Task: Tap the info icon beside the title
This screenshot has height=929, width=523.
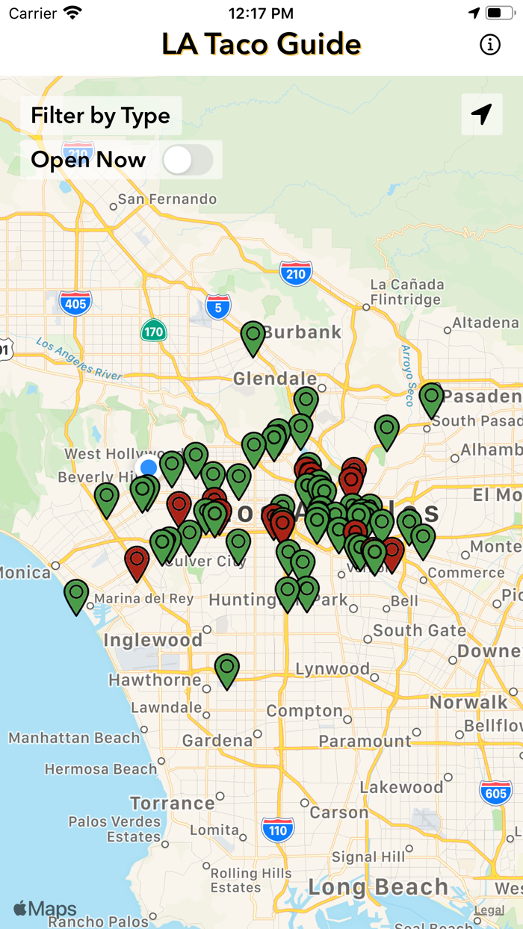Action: pyautogui.click(x=490, y=45)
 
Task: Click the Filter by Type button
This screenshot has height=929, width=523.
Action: pyautogui.click(x=101, y=116)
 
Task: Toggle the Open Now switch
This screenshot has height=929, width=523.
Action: pyautogui.click(x=188, y=160)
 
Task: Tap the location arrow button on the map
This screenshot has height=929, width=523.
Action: pyautogui.click(x=482, y=114)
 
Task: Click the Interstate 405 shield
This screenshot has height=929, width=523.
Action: pyautogui.click(x=75, y=302)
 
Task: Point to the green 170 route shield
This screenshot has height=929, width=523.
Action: pyautogui.click(x=154, y=330)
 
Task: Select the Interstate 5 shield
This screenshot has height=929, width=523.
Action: pyautogui.click(x=218, y=306)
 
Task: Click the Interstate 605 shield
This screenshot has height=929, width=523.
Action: pyautogui.click(x=496, y=793)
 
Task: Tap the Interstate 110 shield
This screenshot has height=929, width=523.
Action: pyautogui.click(x=277, y=829)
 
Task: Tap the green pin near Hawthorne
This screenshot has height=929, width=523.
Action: pyautogui.click(x=227, y=668)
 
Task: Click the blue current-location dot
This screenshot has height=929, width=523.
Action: pyautogui.click(x=149, y=467)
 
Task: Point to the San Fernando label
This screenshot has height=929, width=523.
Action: pyautogui.click(x=167, y=199)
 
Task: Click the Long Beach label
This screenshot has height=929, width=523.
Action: pyautogui.click(x=378, y=887)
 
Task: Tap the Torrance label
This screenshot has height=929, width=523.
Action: pyautogui.click(x=173, y=804)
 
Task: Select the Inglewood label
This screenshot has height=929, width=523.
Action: pyautogui.click(x=153, y=640)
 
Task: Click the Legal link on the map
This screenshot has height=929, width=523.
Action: pyautogui.click(x=489, y=910)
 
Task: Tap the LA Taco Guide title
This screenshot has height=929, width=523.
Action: pyautogui.click(x=261, y=45)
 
